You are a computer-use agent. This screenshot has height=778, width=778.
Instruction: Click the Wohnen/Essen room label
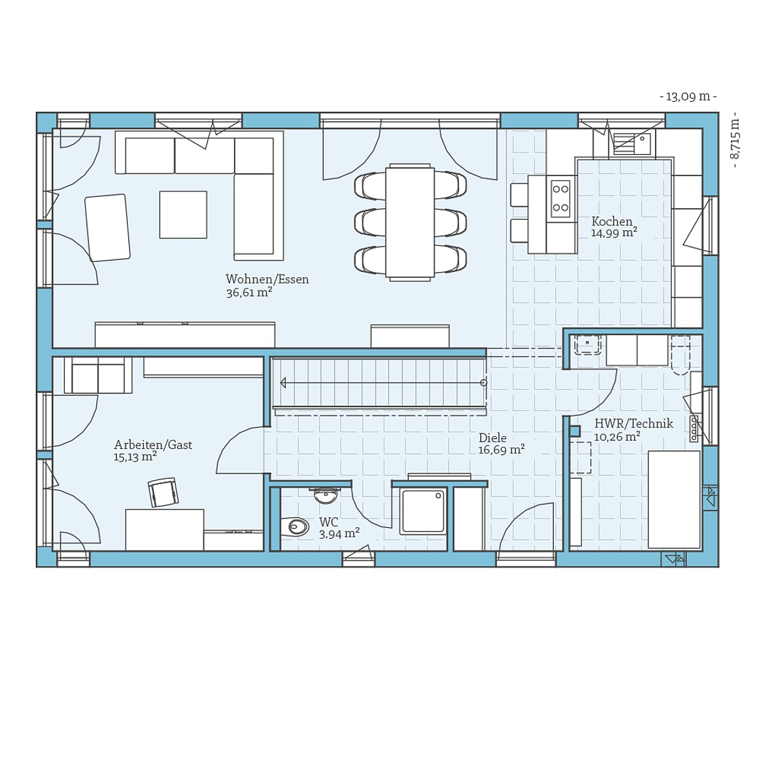[267, 279]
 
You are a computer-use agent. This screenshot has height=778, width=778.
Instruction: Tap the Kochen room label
[612, 221]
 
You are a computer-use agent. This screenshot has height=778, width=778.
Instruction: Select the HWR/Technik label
[633, 424]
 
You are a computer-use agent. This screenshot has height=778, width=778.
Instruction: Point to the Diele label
[492, 438]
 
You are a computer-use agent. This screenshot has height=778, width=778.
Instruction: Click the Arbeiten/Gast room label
[153, 445]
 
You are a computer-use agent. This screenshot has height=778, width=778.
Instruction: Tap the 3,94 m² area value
[339, 534]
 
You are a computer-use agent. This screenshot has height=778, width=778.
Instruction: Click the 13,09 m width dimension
[688, 97]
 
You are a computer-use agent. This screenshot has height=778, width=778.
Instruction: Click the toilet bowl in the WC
[296, 527]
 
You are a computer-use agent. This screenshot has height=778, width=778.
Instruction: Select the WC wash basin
[326, 494]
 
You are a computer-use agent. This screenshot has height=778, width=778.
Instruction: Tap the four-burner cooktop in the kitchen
[561, 197]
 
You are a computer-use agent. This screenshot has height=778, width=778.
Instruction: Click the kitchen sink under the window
[632, 143]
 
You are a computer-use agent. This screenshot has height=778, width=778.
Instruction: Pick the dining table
[410, 222]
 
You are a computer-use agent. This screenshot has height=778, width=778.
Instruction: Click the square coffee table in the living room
[183, 214]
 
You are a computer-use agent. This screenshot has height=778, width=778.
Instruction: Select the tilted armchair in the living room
[107, 227]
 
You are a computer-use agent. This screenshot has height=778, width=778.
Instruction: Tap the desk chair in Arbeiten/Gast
[164, 493]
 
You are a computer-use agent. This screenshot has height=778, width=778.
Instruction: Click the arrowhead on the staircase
[284, 382]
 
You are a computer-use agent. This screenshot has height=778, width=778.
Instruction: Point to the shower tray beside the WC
[422, 511]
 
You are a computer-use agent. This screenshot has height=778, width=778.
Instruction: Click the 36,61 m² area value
[249, 293]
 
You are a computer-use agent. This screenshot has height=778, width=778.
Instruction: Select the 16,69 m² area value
[501, 450]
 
